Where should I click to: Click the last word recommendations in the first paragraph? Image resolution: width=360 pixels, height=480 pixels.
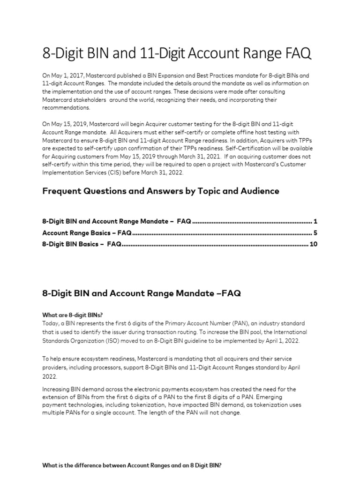67,108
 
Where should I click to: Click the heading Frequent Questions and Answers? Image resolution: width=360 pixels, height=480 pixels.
161,191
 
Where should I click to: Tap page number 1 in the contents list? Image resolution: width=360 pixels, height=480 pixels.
315,221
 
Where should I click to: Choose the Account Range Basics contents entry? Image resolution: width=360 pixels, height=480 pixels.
87,232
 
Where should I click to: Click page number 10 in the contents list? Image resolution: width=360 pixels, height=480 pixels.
314,244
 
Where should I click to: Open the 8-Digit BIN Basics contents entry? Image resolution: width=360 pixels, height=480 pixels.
82,244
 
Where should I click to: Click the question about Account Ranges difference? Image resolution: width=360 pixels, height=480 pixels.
132,465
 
